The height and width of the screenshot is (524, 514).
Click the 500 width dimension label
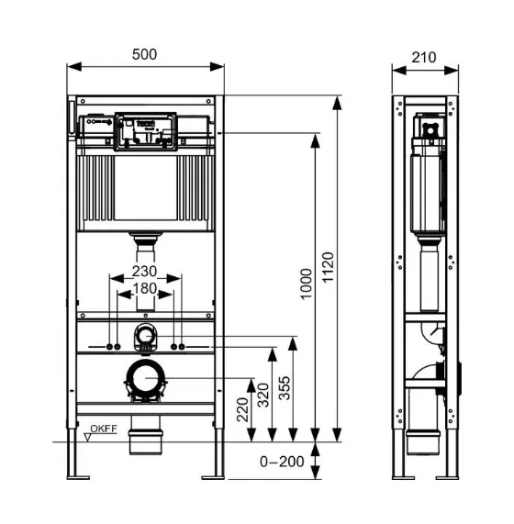[144, 54]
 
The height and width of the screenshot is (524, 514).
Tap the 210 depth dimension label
[424, 58]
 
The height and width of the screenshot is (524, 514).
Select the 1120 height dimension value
[328, 267]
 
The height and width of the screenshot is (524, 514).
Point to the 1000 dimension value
[306, 284]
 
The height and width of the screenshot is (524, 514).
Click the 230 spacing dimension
[144, 271]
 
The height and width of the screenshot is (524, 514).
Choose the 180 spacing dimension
[145, 288]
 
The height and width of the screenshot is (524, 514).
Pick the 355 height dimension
[285, 388]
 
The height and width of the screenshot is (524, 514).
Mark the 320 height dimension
[263, 395]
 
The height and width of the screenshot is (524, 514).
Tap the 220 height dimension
[242, 409]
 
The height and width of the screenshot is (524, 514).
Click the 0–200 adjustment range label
[282, 462]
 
